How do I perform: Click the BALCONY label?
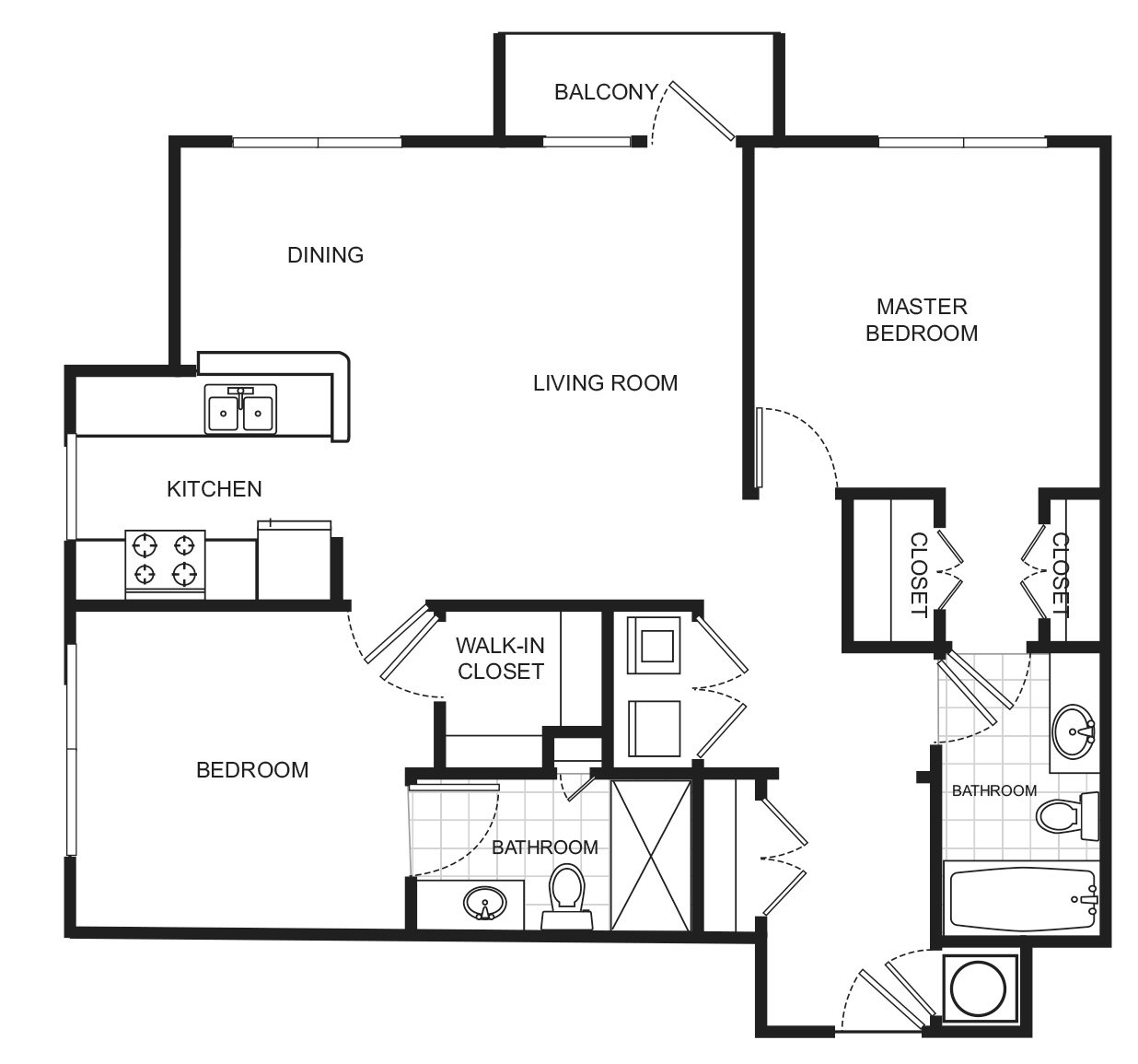coord(605,92)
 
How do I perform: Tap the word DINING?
coord(325,255)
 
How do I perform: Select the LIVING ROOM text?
coord(605,382)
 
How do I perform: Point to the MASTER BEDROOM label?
coord(921,320)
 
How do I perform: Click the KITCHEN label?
coord(214,489)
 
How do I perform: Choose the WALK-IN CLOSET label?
coord(500,659)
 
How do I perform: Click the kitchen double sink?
coord(241,408)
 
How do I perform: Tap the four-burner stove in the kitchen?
coord(165,560)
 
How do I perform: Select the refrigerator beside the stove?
coord(296,559)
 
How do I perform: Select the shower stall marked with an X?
coord(651,854)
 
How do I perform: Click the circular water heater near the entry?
coord(980,988)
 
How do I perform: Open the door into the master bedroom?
coord(756,449)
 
